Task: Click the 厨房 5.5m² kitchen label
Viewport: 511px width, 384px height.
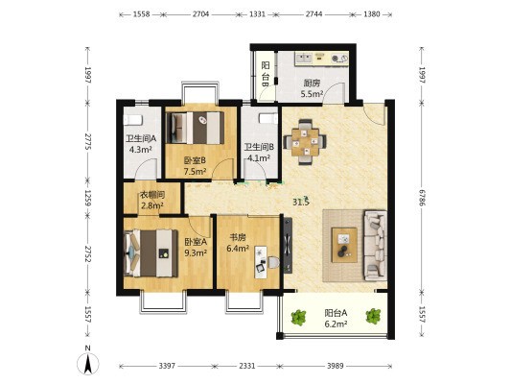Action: [312, 88]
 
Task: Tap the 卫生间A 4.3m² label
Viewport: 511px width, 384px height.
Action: [141, 144]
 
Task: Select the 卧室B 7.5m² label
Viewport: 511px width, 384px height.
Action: [195, 166]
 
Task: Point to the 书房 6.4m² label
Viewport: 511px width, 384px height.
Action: [238, 243]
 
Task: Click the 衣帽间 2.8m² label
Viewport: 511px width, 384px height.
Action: [152, 201]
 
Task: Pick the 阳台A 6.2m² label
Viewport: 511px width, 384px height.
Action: [336, 319]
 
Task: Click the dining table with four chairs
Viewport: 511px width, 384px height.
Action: [305, 142]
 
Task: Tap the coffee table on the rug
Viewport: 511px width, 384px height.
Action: [344, 245]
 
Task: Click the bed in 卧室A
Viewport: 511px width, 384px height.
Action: [151, 253]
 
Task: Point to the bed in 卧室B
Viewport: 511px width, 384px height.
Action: [196, 128]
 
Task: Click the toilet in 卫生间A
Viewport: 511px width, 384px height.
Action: [132, 120]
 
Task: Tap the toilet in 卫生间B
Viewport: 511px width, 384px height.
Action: [268, 118]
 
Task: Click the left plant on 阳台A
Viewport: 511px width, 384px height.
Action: [298, 317]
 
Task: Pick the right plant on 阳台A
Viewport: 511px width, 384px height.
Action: [373, 316]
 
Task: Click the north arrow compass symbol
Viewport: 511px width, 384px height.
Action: [87, 363]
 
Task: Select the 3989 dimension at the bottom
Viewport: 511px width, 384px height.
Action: [336, 366]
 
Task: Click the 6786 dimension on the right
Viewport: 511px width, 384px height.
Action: [423, 198]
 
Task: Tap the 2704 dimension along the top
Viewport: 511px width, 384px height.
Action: [200, 14]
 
